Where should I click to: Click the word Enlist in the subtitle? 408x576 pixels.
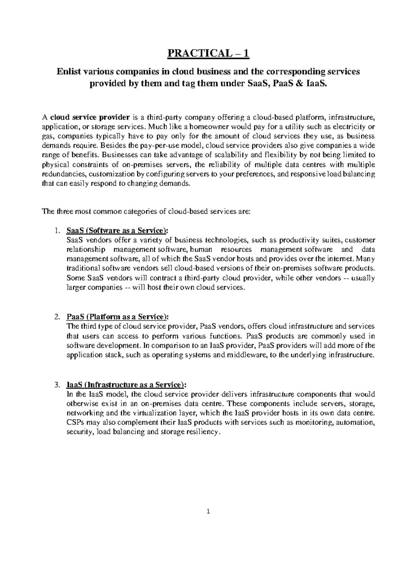(x=68, y=72)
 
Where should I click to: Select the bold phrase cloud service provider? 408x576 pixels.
(x=90, y=118)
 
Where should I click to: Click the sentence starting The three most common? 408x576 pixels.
(x=146, y=212)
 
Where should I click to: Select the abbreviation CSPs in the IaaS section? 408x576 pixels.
(x=75, y=423)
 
